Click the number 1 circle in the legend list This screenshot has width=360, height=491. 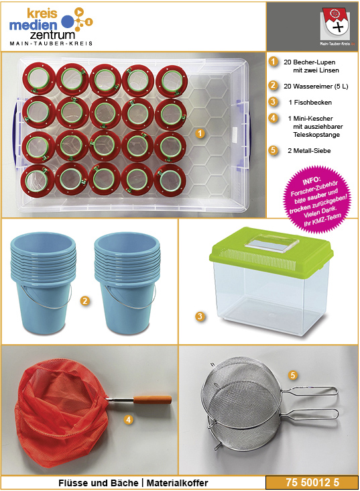[274, 62]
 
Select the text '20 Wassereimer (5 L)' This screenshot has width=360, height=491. [316, 87]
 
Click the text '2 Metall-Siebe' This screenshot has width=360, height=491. [309, 151]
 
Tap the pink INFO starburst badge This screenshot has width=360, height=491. [317, 200]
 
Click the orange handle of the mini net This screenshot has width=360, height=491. [152, 400]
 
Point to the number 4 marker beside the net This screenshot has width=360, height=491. [129, 419]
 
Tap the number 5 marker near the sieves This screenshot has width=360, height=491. [293, 375]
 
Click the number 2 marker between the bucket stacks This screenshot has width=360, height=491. [85, 301]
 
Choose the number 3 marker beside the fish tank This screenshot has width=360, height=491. [200, 317]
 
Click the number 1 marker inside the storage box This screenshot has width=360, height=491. [200, 133]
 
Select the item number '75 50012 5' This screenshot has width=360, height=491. [312, 482]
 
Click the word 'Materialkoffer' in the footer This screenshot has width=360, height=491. [177, 483]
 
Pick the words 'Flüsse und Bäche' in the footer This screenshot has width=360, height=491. [99, 483]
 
